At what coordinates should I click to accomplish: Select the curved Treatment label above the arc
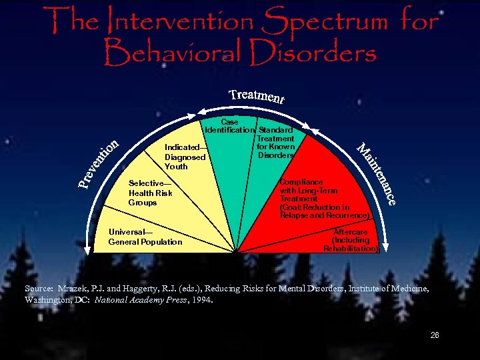pos(257,96)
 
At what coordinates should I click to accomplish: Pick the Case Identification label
pos(229,126)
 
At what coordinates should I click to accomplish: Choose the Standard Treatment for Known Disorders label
pos(275,142)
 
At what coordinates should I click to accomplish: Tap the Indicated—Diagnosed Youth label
pos(185,157)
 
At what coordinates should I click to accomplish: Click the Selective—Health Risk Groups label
pos(150,193)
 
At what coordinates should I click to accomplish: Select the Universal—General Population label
pos(145,237)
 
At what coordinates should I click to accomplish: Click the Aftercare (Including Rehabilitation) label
pos(351,240)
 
